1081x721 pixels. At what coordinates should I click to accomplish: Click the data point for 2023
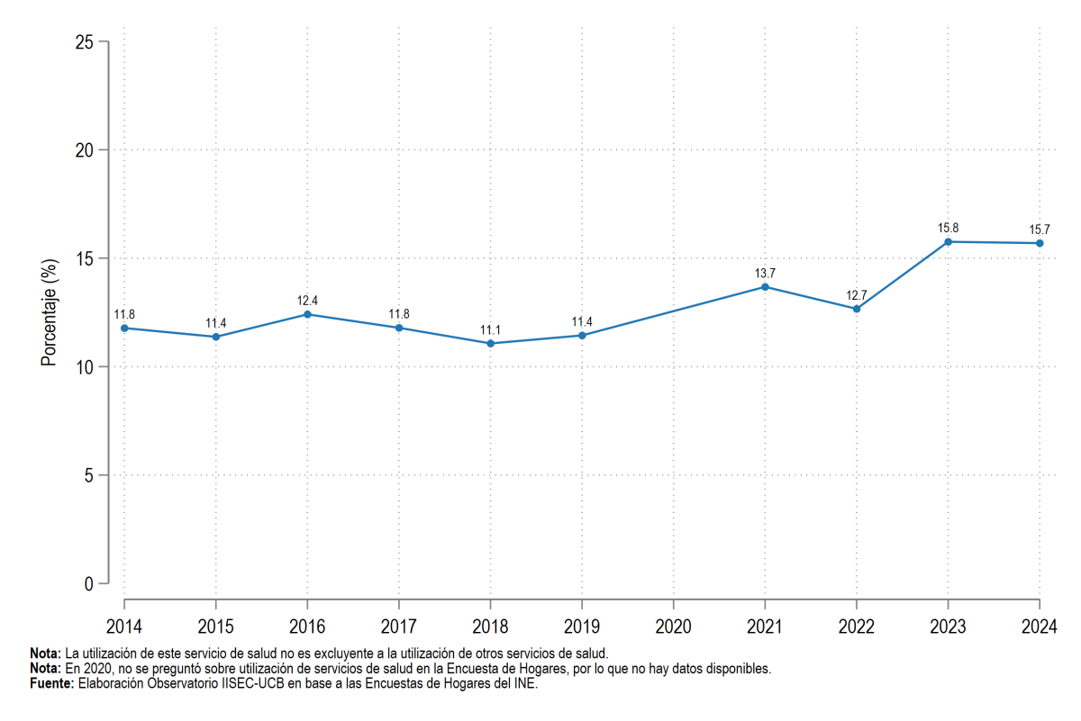948,241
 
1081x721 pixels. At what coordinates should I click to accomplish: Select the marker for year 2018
490,343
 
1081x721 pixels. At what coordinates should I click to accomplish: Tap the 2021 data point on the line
765,287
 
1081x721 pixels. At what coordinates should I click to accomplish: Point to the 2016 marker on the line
307,314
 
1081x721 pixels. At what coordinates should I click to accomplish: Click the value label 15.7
1039,230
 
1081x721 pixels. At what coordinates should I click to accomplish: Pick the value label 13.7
765,274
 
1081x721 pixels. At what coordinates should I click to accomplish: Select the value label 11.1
490,329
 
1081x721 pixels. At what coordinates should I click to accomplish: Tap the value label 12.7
856,295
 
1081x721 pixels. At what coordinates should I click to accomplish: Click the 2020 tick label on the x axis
673,626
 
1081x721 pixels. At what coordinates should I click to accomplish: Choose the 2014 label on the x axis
124,626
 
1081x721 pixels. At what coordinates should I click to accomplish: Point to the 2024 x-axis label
1039,626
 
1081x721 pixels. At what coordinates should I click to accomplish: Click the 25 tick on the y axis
84,42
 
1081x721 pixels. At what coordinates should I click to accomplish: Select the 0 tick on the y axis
89,584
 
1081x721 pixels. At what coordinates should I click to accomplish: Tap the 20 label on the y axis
84,150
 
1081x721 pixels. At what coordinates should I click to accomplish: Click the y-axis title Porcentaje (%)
49,312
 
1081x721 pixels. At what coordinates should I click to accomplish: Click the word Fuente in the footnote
50,683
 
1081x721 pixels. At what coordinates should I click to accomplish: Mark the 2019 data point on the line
582,335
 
